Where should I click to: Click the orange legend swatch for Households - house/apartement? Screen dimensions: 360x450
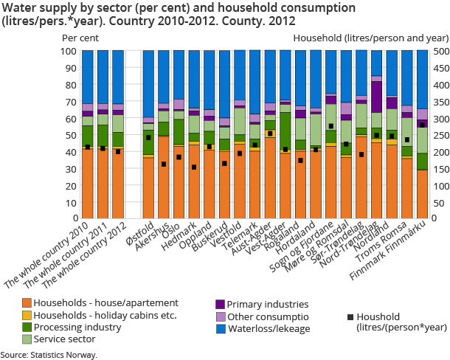pos(27,303)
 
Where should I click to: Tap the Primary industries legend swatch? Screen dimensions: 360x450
pos(219,303)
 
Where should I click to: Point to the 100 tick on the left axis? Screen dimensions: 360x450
pos(68,52)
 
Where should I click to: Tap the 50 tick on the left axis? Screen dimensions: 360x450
pos(70,136)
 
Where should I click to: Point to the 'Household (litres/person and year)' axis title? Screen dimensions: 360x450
pos(371,36)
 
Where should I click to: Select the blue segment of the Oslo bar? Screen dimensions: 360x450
pos(179,75)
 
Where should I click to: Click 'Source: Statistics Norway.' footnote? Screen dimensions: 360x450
pos(49,355)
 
